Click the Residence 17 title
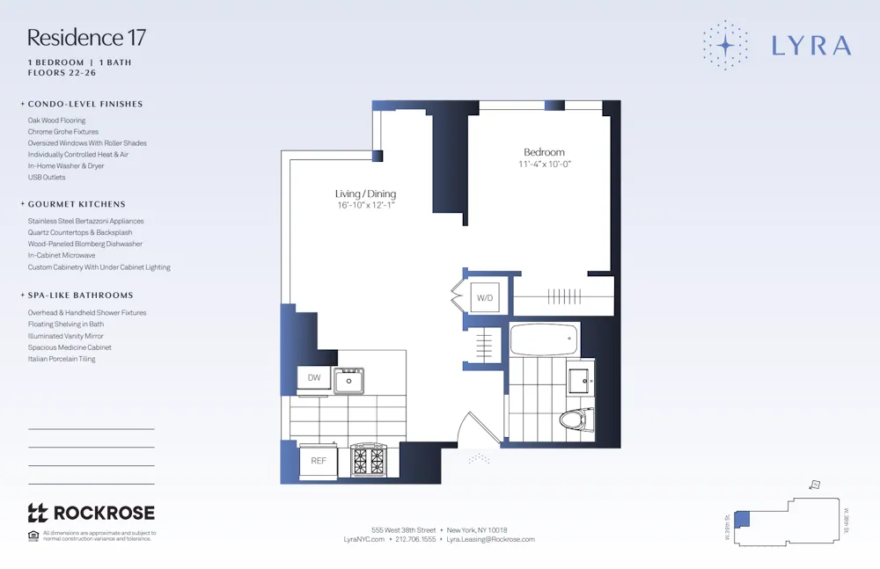(x=86, y=38)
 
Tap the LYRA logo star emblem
(x=726, y=44)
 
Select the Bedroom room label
(x=544, y=152)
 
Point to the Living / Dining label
(x=365, y=193)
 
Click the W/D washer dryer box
(x=485, y=298)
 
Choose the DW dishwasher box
(x=313, y=378)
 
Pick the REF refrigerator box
(x=318, y=460)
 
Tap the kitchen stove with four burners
(x=370, y=459)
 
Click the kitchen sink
(x=348, y=380)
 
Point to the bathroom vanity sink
(x=579, y=381)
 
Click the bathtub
(x=543, y=337)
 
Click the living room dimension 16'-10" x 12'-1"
(x=365, y=205)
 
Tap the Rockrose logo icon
(x=37, y=513)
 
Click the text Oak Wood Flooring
(x=56, y=120)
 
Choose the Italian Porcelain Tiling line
(x=62, y=359)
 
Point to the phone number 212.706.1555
(x=414, y=539)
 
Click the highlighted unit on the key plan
(x=741, y=519)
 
